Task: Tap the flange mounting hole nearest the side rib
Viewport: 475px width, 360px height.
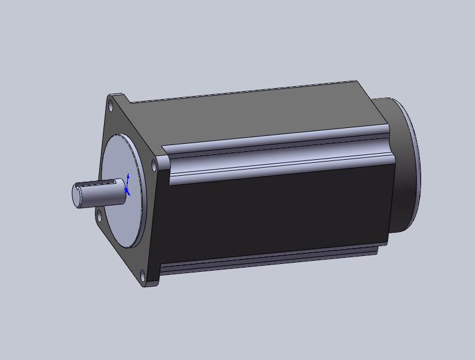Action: click(153, 165)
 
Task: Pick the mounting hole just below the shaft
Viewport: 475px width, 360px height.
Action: click(99, 215)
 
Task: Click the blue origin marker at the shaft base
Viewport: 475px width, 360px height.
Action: click(127, 190)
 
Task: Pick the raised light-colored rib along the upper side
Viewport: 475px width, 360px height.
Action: click(275, 153)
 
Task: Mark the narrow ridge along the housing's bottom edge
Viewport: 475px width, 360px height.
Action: click(269, 260)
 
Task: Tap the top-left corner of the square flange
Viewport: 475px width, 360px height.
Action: click(109, 95)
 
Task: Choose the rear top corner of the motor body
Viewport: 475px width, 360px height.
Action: click(357, 81)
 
